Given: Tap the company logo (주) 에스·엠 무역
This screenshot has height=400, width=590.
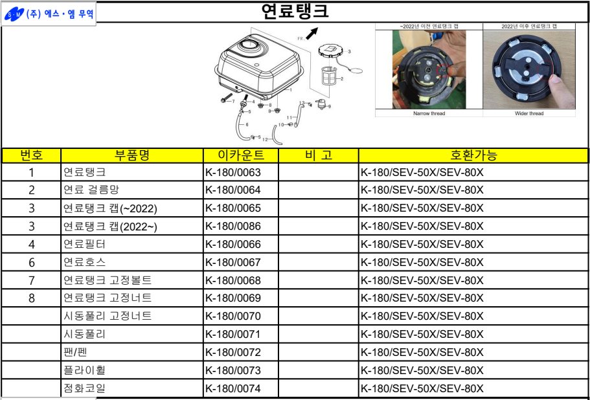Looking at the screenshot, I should click(x=49, y=14).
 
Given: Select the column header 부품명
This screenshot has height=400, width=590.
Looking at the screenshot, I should click(x=132, y=155).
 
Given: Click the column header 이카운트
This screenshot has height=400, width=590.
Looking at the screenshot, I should click(x=242, y=155).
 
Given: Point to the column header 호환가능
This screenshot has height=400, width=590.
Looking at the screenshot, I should click(x=473, y=155).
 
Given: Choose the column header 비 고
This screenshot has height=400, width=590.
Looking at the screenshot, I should click(x=318, y=155).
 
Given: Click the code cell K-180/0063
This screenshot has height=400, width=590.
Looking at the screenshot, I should click(x=233, y=173).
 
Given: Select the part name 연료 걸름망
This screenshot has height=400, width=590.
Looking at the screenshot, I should click(x=90, y=190).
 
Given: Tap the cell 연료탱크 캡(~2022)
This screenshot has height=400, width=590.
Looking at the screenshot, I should click(x=110, y=208).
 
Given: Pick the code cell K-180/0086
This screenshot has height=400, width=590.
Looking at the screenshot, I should click(x=233, y=227).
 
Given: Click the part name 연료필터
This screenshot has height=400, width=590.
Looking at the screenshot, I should click(x=84, y=245).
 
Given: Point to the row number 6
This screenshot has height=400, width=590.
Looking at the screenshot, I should click(x=32, y=262).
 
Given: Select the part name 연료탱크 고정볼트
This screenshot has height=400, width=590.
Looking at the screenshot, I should click(x=108, y=280).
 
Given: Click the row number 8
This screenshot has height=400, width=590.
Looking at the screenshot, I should click(x=32, y=298).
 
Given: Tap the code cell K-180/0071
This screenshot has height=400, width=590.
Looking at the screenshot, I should click(x=233, y=335).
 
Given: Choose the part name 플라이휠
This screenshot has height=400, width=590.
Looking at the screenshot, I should click(x=84, y=370).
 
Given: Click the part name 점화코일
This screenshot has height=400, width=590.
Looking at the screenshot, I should click(x=84, y=388).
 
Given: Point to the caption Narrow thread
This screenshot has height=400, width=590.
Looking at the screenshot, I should click(x=429, y=113).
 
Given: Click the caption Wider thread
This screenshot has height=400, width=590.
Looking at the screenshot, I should click(x=529, y=113).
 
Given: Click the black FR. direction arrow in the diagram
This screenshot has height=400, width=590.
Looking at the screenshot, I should click(x=312, y=32).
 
